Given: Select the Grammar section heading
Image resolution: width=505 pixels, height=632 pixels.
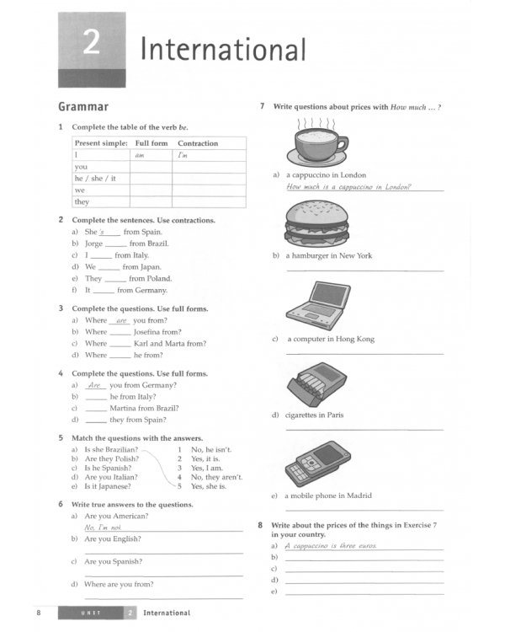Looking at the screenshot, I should pos(82,107).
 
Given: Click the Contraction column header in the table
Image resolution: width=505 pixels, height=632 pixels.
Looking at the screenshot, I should pos(198,143).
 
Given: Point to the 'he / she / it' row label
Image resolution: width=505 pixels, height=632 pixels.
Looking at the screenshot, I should pos(95,179).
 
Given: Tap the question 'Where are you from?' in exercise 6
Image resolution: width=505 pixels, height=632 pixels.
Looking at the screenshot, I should pos(119,584).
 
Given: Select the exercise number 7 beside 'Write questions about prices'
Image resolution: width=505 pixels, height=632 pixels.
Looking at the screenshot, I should pos(263,106).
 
